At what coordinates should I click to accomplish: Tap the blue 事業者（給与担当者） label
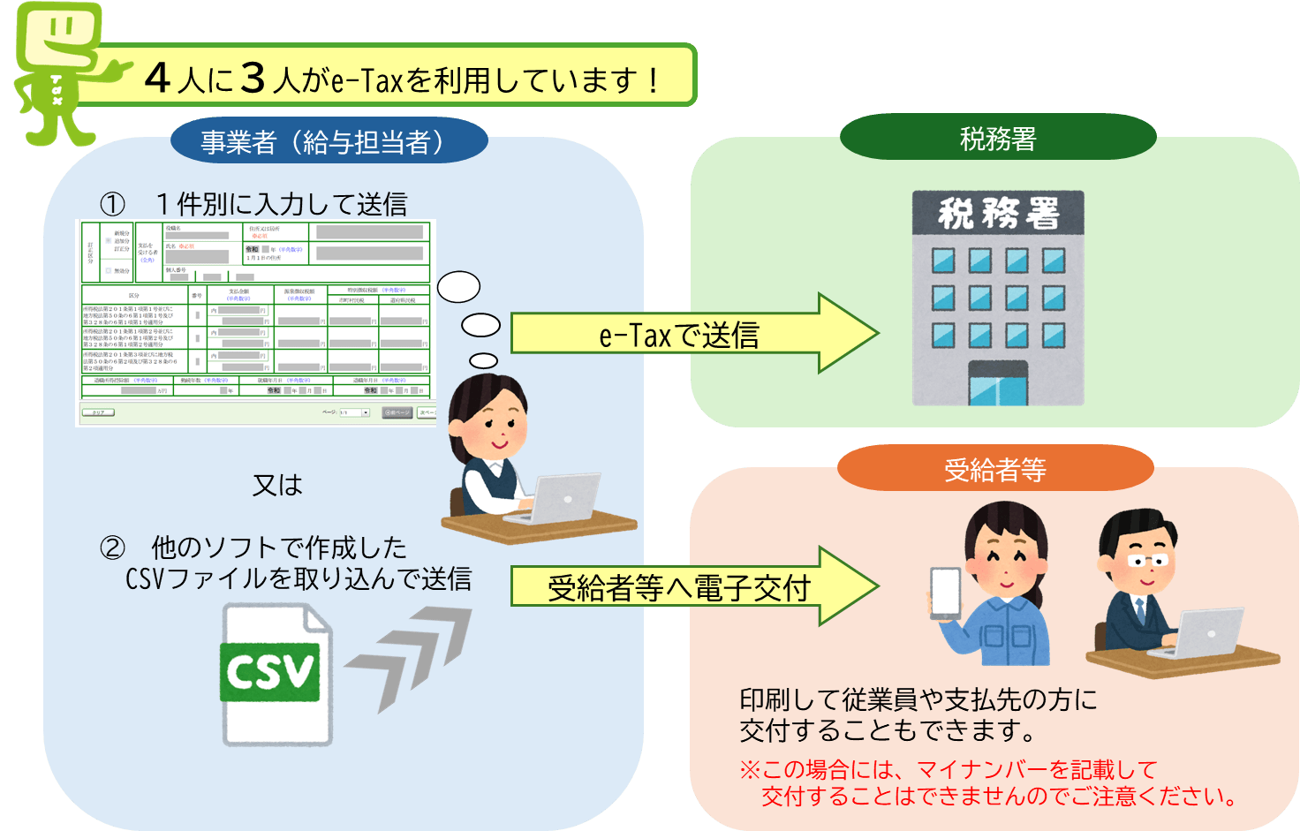tap(329, 141)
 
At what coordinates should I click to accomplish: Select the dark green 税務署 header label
tap(998, 139)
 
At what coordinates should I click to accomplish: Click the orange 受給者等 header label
tap(995, 469)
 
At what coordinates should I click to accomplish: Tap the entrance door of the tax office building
tap(998, 385)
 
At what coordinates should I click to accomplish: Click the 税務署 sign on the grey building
tap(998, 213)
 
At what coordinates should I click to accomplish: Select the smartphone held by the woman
tap(945, 592)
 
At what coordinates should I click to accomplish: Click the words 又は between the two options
tap(277, 485)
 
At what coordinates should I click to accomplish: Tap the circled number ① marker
tap(112, 205)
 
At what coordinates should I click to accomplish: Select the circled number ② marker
tap(112, 548)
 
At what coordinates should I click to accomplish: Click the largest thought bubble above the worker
tap(458, 287)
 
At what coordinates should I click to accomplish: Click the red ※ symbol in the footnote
tap(750, 770)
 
